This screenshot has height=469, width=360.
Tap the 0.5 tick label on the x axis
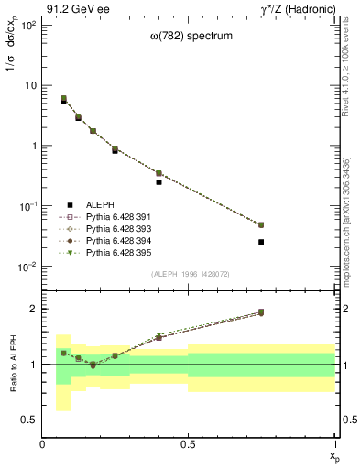point(189,444)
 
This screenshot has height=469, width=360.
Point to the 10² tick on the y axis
point(29,25)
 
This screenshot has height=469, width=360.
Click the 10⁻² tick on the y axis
point(29,267)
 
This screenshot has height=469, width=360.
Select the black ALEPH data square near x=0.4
point(158,182)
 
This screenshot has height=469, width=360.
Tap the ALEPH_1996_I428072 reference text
point(189,275)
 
